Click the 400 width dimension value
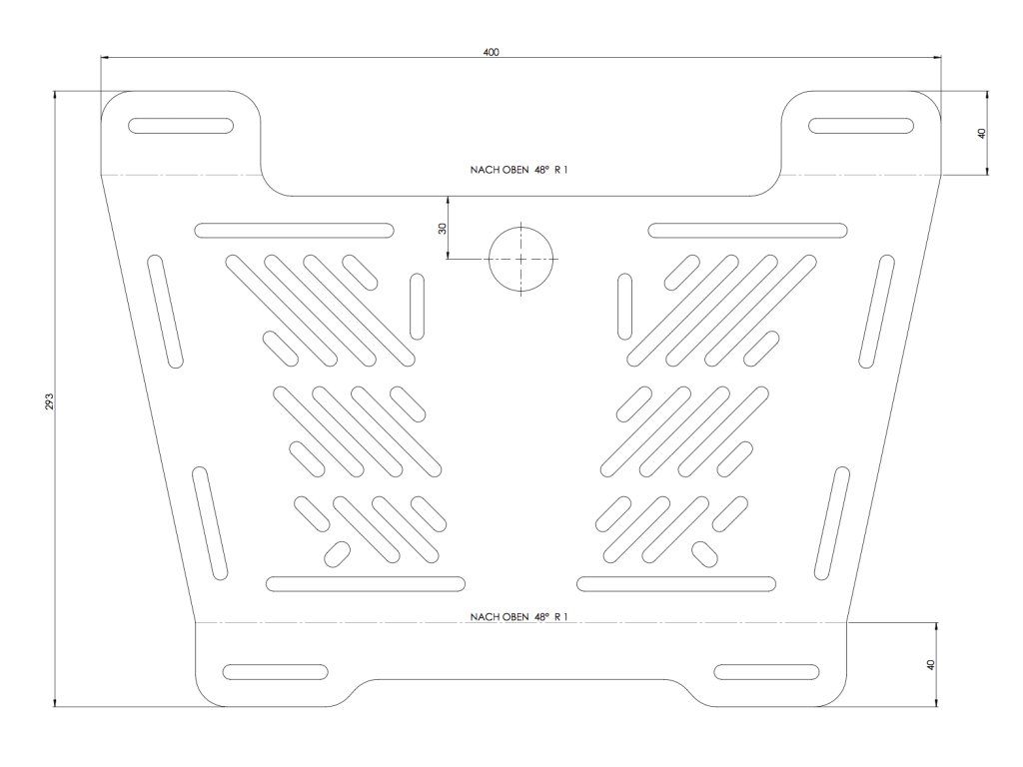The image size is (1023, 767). coord(490,52)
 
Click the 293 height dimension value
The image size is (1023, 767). coord(48,400)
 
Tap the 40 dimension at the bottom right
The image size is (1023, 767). coord(930,664)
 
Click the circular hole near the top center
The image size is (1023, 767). coord(520,258)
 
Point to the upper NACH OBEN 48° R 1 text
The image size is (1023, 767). coord(519,170)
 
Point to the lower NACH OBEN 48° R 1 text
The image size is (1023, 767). coord(519,617)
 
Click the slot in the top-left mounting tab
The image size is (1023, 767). coord(181,126)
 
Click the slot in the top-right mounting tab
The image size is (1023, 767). coord(861,126)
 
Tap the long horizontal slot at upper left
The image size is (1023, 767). coord(295,231)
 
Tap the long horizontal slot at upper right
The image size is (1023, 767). coord(748,231)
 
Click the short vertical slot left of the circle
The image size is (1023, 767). coord(418,306)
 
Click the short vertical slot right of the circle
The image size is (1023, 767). coord(624,306)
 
